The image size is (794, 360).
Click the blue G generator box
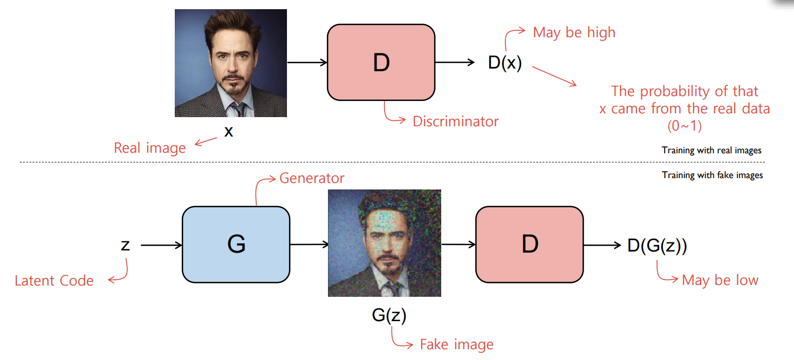(236, 244)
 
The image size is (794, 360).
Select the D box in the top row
(381, 63)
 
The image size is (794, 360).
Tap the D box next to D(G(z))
(530, 244)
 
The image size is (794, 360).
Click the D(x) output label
(505, 63)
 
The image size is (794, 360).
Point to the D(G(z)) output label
(657, 246)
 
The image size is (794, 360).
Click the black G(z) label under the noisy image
(389, 315)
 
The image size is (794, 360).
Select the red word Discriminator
(455, 121)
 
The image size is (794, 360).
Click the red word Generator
(312, 178)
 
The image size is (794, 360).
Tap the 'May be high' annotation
(574, 32)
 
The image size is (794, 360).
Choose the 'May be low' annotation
(720, 280)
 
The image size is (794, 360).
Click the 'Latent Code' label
(54, 281)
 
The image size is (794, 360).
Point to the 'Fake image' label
(456, 344)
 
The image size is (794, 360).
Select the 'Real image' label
(149, 148)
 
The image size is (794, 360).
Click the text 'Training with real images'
(711, 151)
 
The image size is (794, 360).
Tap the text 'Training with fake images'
(712, 175)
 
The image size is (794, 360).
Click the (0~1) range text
(685, 126)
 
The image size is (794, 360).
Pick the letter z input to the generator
(125, 245)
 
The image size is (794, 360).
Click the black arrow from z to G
(161, 245)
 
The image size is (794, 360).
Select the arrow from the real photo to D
(307, 63)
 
